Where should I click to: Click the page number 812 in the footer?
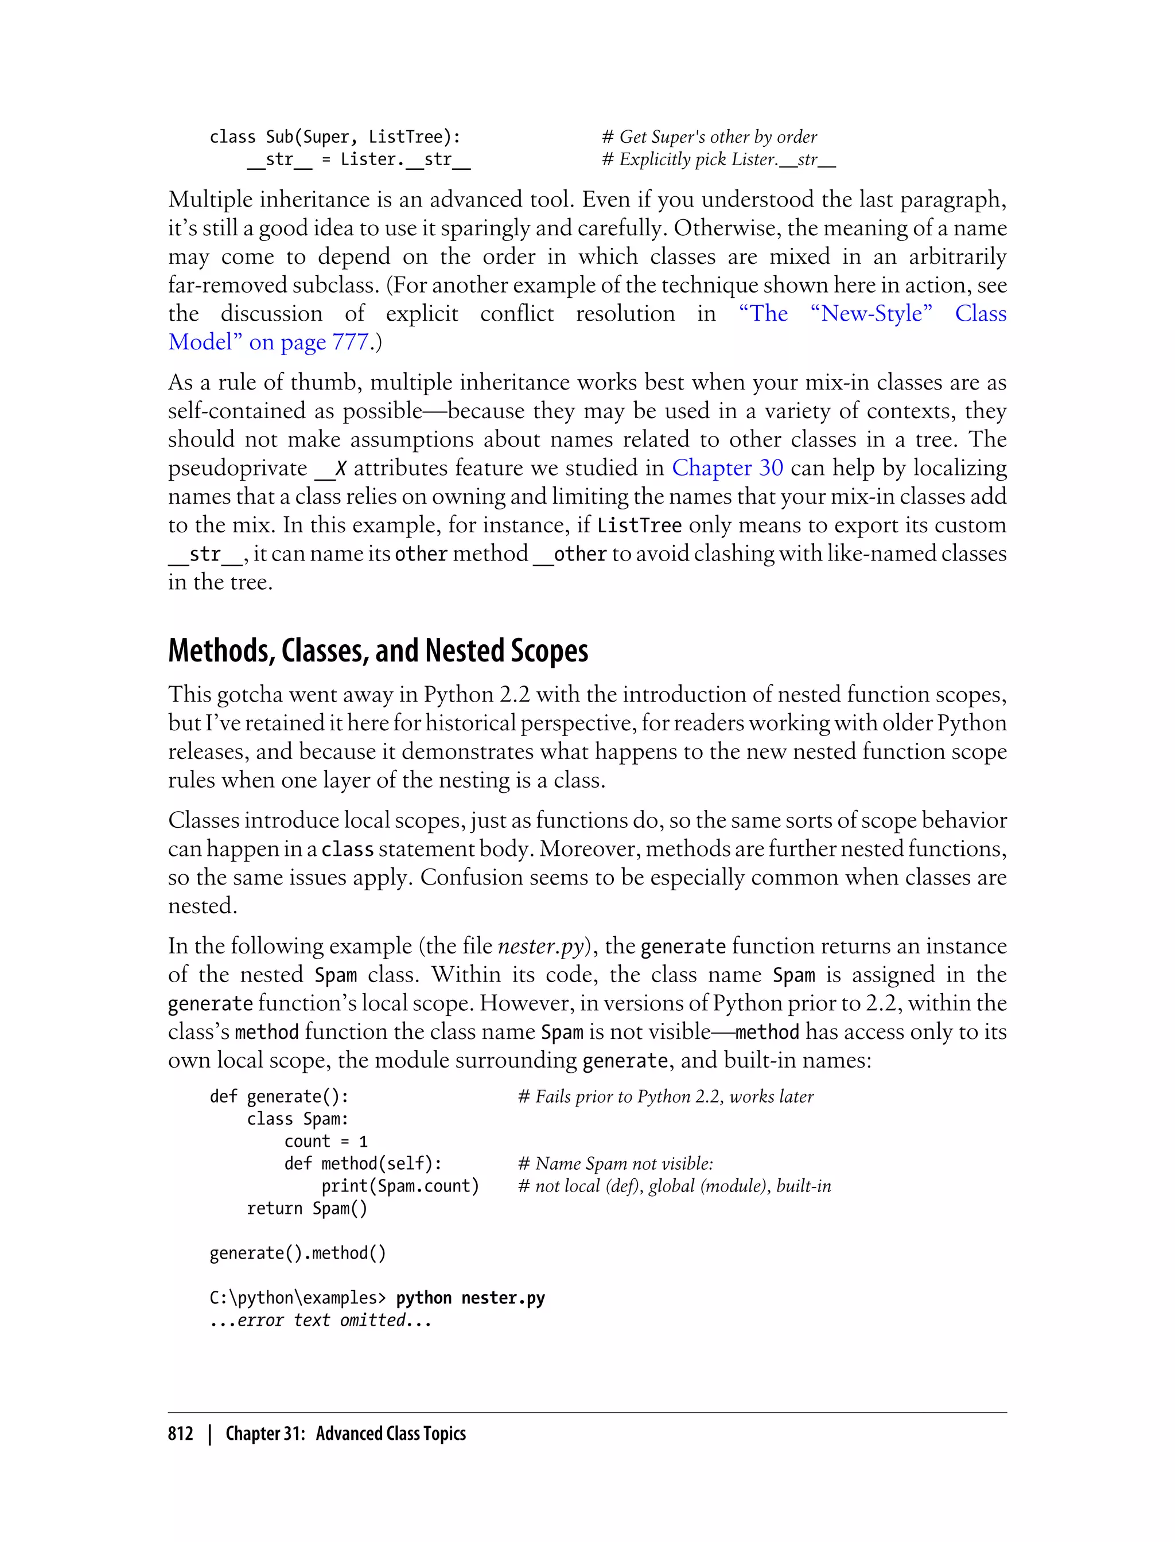(x=181, y=1434)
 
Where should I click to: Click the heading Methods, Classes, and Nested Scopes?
(x=378, y=651)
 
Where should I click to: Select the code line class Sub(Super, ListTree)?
(x=335, y=137)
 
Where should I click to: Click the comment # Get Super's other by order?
(x=709, y=137)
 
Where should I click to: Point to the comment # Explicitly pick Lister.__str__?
(x=718, y=159)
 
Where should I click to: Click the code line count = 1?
(x=325, y=1141)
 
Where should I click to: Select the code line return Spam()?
(x=306, y=1209)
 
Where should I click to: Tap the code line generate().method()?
(x=297, y=1253)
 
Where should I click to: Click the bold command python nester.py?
(x=470, y=1298)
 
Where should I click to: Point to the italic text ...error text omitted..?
(x=320, y=1321)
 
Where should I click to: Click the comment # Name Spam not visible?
(x=615, y=1163)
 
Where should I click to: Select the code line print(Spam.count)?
(x=400, y=1186)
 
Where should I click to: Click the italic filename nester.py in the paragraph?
(x=540, y=946)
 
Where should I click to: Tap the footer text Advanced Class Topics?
(x=390, y=1434)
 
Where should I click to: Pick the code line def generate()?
(x=279, y=1096)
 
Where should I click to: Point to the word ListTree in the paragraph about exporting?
(x=639, y=525)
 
